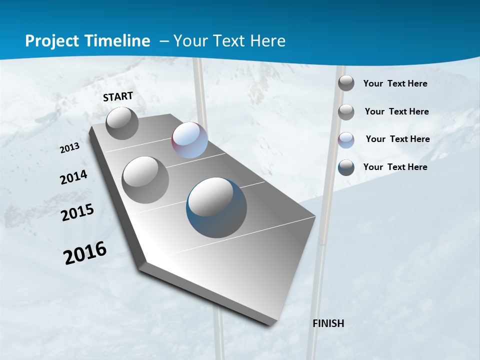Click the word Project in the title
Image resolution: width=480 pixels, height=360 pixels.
[52, 41]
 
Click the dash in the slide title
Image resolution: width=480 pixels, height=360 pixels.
[163, 41]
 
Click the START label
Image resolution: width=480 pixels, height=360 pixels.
[118, 96]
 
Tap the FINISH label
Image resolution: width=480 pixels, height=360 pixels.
[328, 323]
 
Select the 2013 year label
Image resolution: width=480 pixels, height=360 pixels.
[70, 148]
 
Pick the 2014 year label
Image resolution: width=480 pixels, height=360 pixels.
[74, 177]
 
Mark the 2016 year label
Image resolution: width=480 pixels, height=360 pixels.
[85, 253]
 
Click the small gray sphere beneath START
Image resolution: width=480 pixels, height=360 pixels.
[122, 123]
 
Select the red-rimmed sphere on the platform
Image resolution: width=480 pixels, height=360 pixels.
[189, 140]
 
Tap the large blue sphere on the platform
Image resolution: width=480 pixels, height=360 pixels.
[216, 207]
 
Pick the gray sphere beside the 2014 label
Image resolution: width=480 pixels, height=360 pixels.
[145, 180]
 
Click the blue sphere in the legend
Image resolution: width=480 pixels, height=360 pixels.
[346, 167]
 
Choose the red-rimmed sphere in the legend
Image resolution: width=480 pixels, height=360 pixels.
[346, 140]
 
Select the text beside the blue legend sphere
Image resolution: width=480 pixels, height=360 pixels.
[395, 167]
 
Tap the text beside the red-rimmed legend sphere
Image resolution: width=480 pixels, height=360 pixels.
[397, 139]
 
